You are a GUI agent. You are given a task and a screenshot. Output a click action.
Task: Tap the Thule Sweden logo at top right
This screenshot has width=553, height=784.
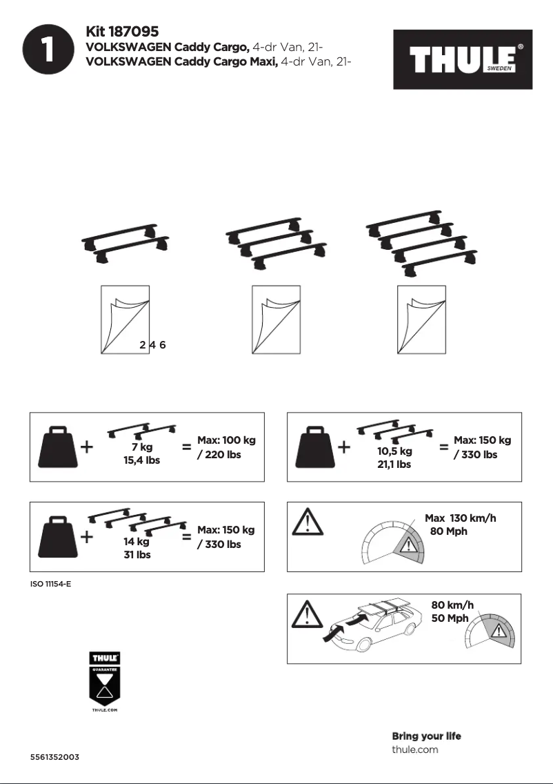(463, 59)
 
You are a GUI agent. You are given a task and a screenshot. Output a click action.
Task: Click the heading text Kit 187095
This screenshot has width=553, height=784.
(122, 32)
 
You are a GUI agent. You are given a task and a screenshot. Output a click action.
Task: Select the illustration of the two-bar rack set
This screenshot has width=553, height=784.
(125, 244)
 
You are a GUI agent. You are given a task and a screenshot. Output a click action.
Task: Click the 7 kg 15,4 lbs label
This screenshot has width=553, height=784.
(141, 453)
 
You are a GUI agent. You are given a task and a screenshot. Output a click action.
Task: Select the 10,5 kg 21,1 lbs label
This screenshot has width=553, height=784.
(394, 458)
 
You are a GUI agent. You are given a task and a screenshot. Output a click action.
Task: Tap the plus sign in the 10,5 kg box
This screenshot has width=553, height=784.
(344, 447)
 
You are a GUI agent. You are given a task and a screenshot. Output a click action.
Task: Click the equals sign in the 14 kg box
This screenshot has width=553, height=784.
(186, 537)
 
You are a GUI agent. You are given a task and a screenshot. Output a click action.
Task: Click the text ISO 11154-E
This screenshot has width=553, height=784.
(50, 585)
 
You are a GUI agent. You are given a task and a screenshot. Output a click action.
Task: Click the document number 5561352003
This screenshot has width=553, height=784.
(54, 757)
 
